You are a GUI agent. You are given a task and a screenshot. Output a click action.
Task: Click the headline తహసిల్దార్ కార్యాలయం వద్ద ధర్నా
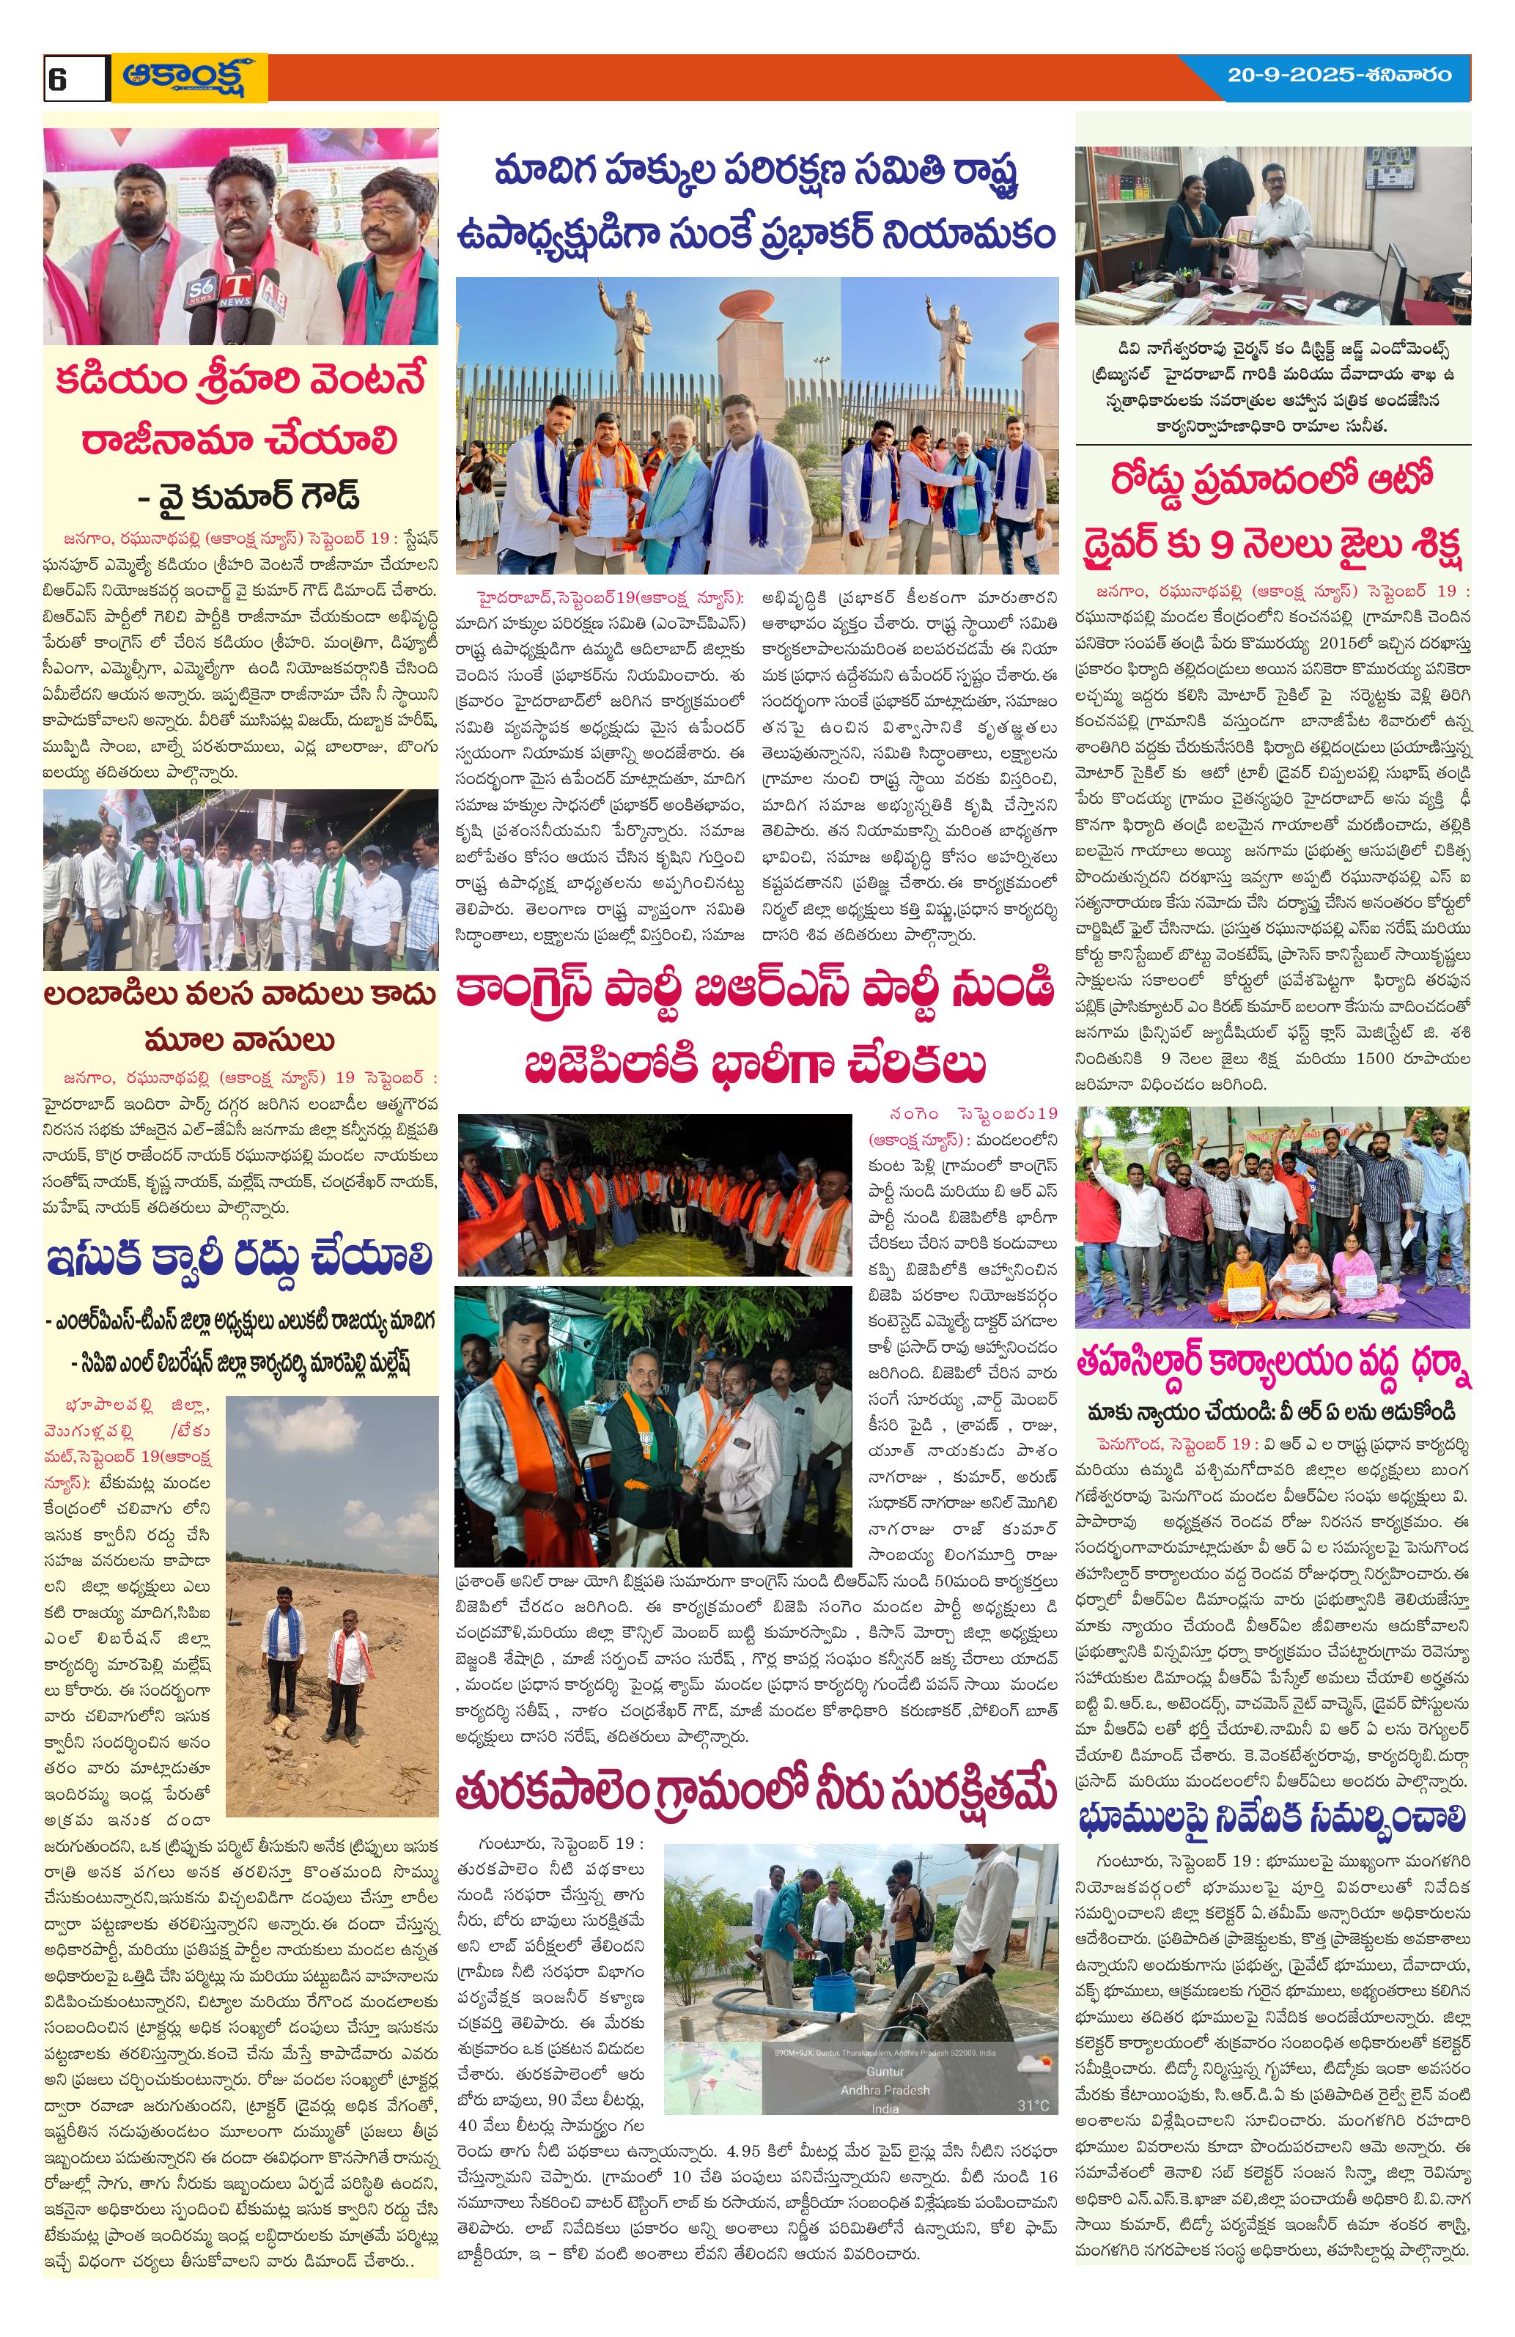(1272, 1369)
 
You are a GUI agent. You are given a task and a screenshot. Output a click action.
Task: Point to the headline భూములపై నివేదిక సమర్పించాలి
(1272, 1817)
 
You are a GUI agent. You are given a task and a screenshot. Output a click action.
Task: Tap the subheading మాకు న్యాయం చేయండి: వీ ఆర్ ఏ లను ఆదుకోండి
(1272, 1412)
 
